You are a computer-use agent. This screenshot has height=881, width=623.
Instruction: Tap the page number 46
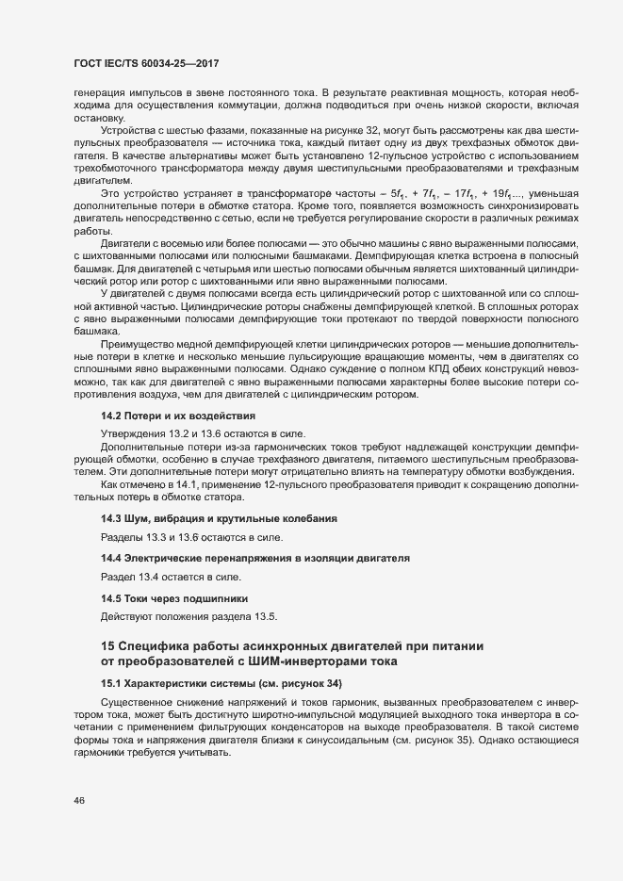[66, 801]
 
